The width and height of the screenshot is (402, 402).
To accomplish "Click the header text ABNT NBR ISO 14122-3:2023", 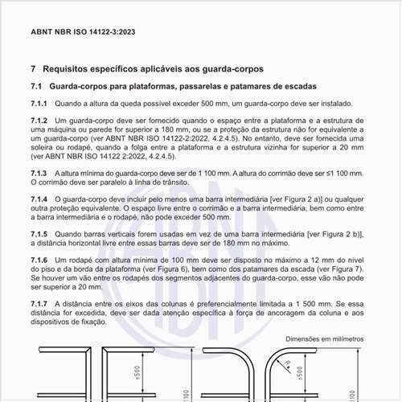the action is tap(76, 33).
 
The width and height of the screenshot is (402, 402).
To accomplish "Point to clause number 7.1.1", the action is tap(39, 104).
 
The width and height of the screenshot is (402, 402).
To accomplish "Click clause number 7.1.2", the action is tap(39, 120).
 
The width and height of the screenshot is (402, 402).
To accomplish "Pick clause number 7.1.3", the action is tap(39, 173).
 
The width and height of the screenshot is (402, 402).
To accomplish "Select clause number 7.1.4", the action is tap(39, 199).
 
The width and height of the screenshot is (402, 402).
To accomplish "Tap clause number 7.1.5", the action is tap(39, 233).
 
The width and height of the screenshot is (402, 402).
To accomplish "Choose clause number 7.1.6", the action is tap(39, 260).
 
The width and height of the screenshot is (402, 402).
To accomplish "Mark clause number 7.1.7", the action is tap(39, 303).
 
